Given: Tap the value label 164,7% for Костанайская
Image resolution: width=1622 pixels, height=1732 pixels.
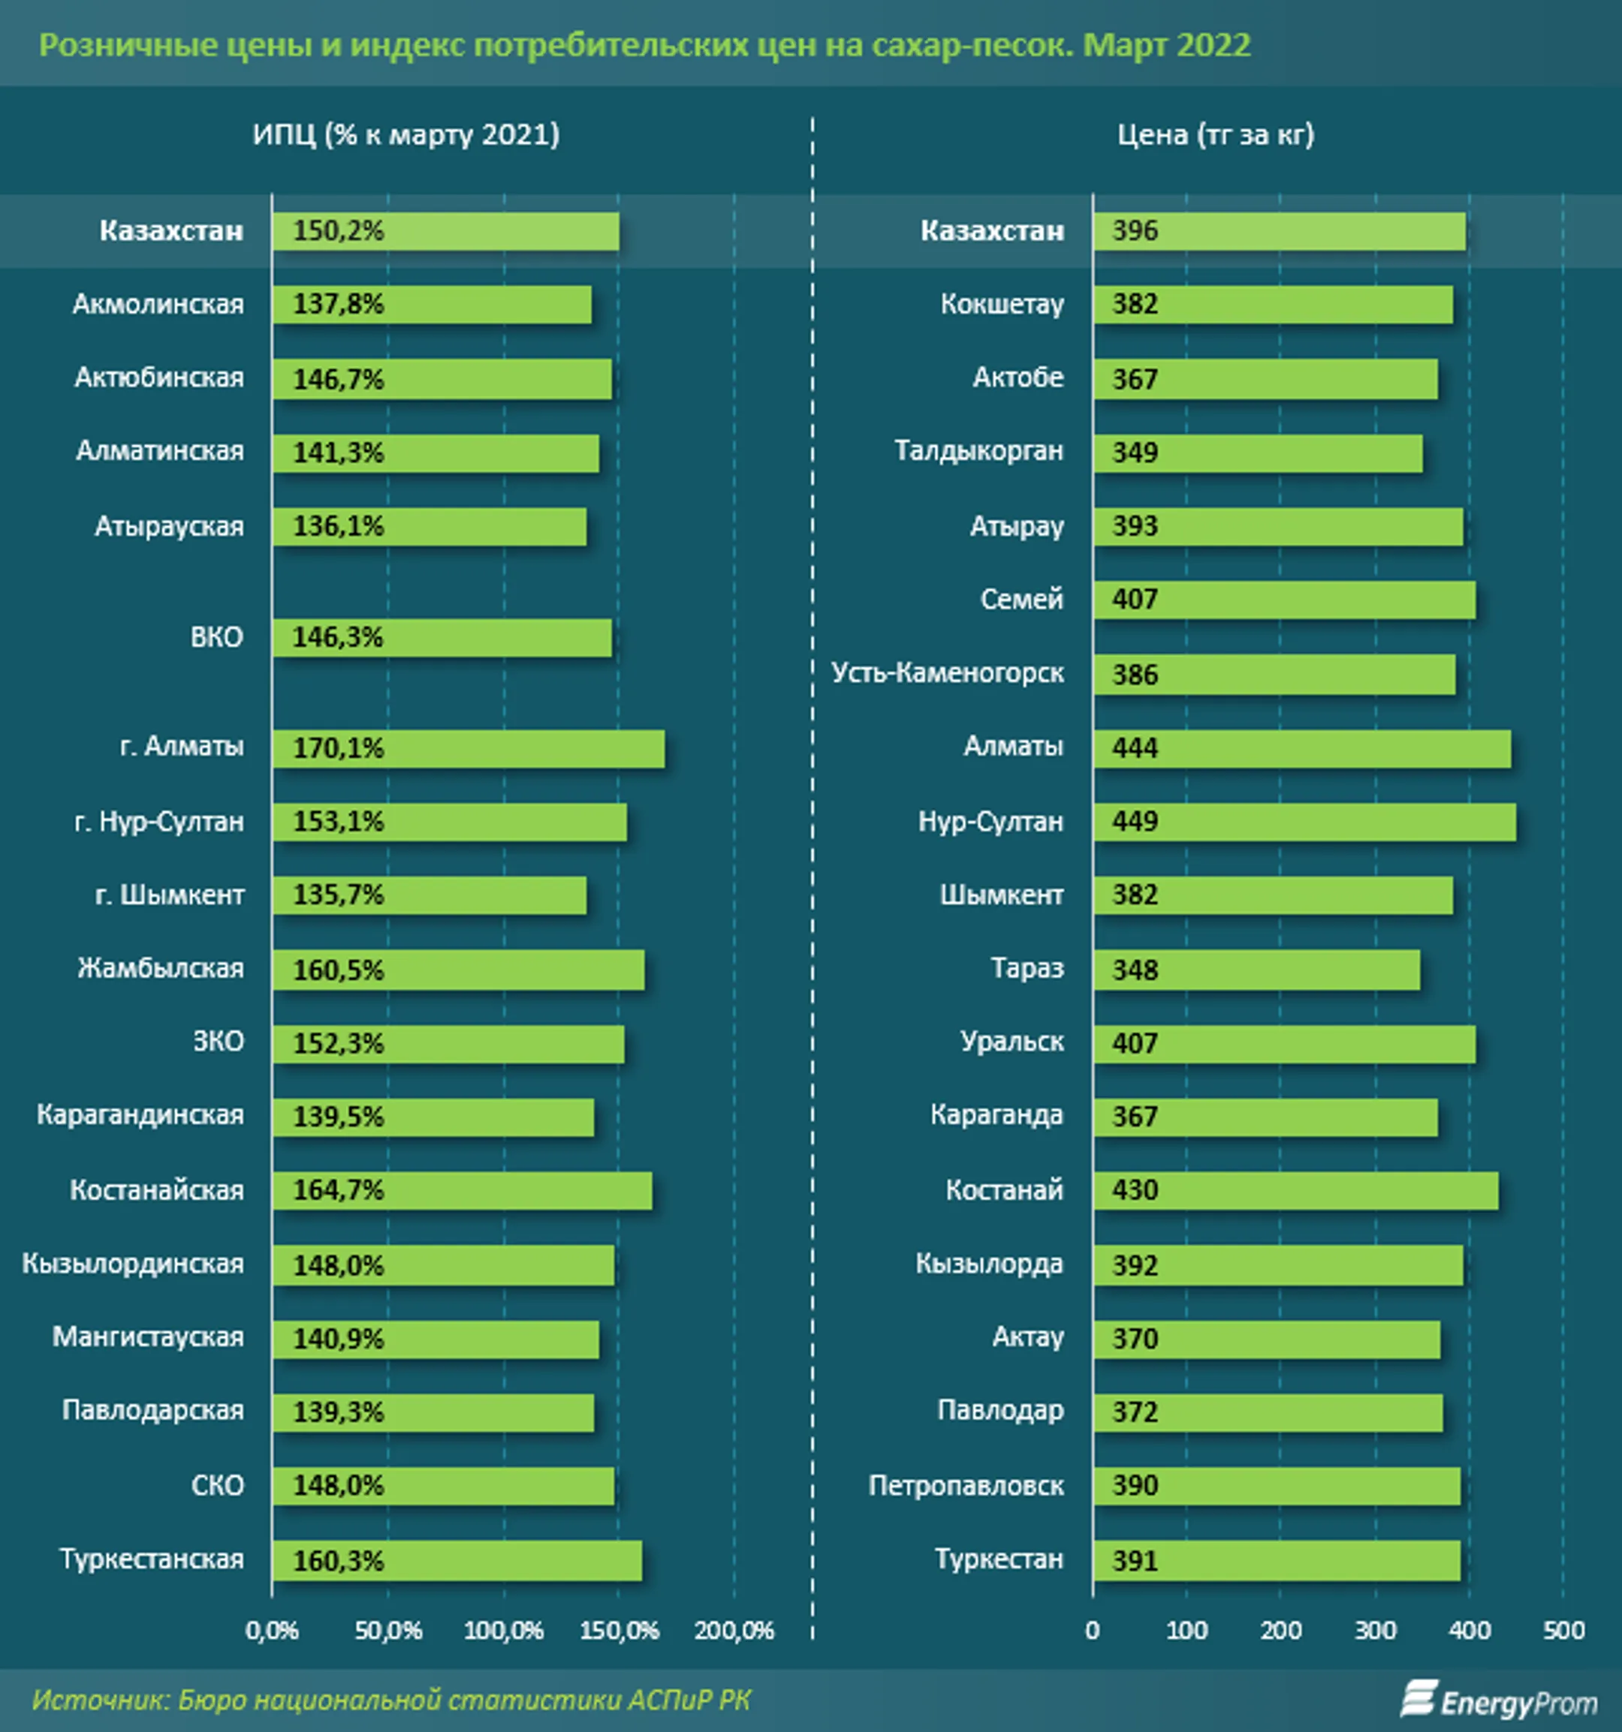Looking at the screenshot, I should coord(337,1190).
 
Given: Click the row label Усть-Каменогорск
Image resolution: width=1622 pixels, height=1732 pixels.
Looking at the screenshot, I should coord(948,673).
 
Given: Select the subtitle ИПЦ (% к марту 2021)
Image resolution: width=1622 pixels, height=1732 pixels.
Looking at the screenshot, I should coord(406,135).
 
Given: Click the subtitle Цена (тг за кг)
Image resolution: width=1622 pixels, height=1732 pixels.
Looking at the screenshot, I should coord(1216,135).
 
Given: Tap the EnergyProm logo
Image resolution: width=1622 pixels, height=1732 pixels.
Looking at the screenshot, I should coord(1498,1700).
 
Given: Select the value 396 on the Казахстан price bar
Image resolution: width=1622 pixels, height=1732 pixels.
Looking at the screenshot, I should coord(1135,231).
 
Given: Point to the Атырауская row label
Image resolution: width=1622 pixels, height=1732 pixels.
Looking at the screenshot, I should coord(169,527).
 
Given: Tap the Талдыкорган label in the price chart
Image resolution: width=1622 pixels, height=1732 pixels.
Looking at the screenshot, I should coord(978,451).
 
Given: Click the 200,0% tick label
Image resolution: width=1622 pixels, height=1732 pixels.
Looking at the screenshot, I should coord(734,1630).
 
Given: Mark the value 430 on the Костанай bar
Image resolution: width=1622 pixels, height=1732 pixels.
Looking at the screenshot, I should coord(1135,1190).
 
